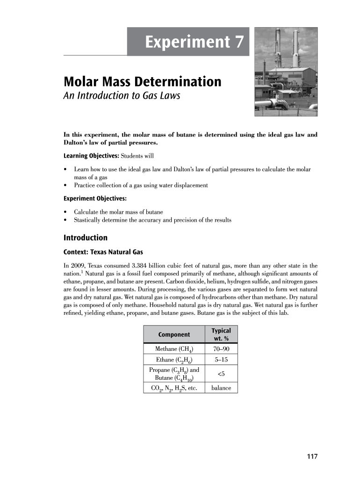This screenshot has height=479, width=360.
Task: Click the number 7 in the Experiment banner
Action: click(x=238, y=43)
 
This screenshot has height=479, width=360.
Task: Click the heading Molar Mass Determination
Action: click(x=142, y=82)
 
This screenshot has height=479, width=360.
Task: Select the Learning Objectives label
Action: click(x=90, y=155)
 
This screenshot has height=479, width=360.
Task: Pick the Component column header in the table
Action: click(x=174, y=334)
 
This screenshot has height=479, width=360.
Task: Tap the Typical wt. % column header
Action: click(x=221, y=334)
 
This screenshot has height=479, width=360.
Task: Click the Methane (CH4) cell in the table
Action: click(x=174, y=349)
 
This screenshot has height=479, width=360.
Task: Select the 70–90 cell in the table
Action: click(x=221, y=349)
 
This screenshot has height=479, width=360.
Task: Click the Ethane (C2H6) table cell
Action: click(x=174, y=360)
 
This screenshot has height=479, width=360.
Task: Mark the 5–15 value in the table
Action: click(x=221, y=360)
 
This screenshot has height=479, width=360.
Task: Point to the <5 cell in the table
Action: click(x=221, y=374)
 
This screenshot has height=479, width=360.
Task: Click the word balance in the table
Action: click(x=221, y=388)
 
